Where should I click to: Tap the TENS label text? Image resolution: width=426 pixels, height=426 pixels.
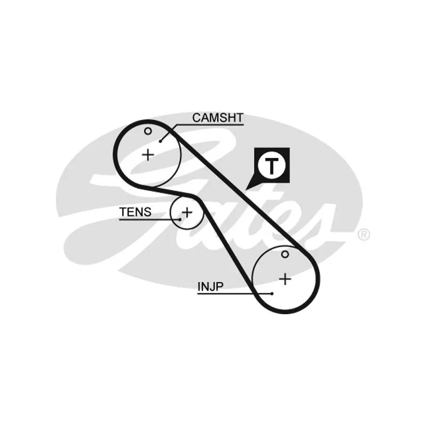point(135,212)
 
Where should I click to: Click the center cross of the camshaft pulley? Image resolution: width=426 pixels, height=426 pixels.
point(148,155)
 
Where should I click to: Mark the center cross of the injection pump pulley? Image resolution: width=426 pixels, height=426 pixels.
point(286,278)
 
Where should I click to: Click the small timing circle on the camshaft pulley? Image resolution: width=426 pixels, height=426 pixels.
point(148,131)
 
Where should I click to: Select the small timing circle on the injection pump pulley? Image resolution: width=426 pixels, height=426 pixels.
point(285,255)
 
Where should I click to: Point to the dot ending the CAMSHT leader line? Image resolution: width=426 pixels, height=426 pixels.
point(161,141)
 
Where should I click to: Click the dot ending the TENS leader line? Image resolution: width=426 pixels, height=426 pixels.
point(180,219)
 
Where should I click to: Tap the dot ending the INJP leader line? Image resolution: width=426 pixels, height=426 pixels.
point(272,293)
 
